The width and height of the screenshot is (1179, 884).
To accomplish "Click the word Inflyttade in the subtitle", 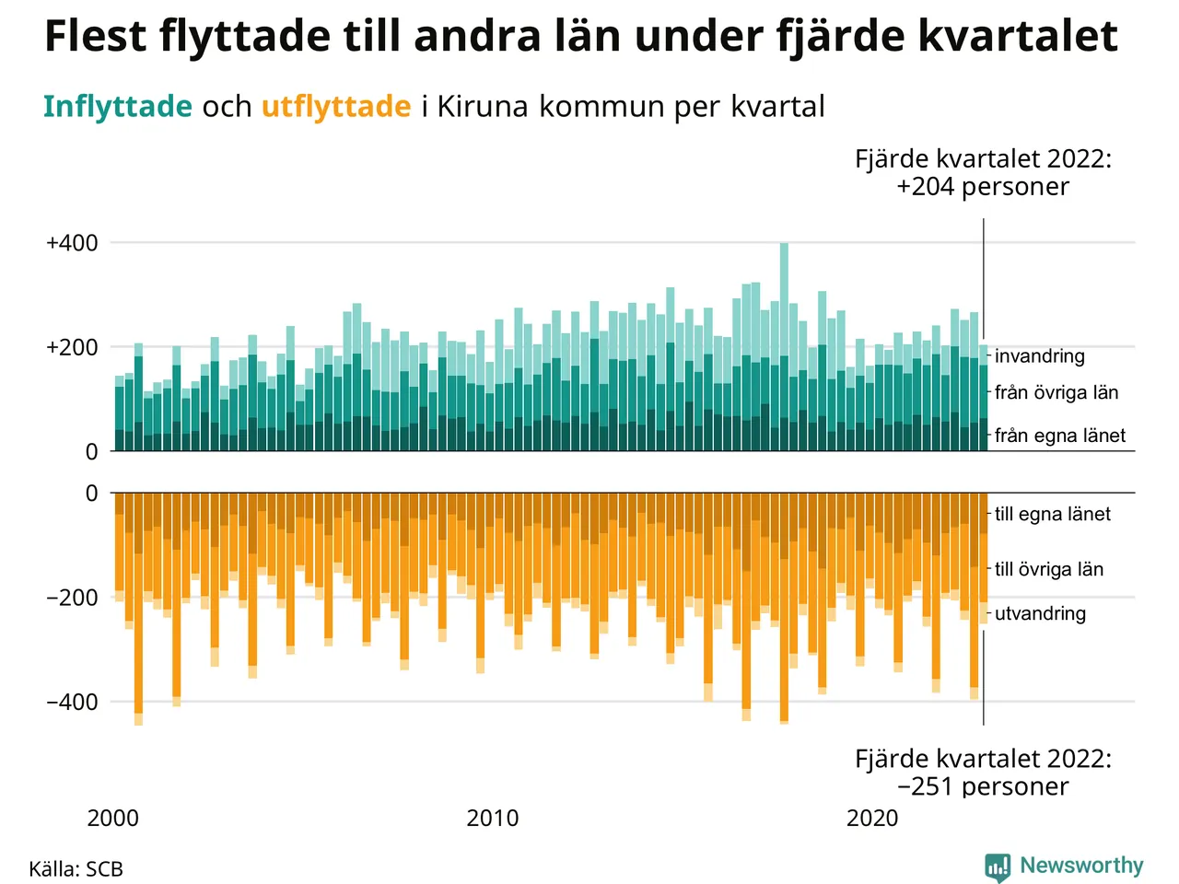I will coord(117,107).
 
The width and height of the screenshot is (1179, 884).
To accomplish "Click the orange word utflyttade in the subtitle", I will coord(336,107).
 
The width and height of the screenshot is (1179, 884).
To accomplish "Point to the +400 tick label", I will coord(72,243).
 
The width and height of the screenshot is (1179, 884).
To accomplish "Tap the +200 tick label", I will coord(72,348).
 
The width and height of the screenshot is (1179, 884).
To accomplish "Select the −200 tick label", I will coord(72,598).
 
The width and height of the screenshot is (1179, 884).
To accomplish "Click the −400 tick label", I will coord(72,702).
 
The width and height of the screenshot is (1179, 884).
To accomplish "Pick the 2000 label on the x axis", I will coord(112,818).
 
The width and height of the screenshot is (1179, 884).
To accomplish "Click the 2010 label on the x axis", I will coord(493,818).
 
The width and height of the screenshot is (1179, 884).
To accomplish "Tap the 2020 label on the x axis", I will coord(872,818).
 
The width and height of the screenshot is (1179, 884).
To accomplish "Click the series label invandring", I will coord(1040,356).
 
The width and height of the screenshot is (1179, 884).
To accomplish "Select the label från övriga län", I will coord(1056,393).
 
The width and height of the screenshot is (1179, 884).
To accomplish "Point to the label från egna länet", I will coord(1060,436).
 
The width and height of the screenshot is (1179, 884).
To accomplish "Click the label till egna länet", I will coord(1053,515).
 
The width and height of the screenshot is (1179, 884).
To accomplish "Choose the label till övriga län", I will coord(1049,569).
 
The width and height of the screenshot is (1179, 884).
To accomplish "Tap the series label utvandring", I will coord(1040,613).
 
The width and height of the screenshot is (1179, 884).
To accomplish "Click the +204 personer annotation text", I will coord(983,187).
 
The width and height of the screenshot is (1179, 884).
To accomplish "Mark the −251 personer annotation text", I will coord(983,786).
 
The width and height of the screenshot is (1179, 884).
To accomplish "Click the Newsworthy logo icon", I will coord(997,867).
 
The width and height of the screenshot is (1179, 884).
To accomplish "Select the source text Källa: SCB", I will coord(76,869).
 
